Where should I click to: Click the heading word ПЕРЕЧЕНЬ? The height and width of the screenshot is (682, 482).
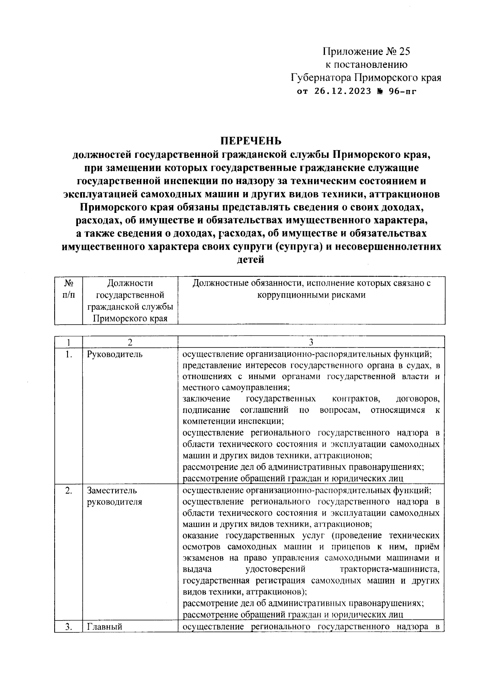coord(250,141)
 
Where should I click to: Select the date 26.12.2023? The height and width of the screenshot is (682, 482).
coord(340,91)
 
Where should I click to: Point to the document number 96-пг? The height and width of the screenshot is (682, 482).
coord(401,91)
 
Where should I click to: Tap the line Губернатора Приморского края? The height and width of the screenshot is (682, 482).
coord(366,78)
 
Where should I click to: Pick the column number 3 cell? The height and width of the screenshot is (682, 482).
coord(311,342)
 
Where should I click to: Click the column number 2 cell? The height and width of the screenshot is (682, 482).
coord(130,342)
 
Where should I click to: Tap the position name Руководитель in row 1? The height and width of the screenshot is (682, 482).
coord(114,355)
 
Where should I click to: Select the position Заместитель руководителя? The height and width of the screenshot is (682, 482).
coord(114,496)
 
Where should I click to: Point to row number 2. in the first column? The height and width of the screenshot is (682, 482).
coord(68,491)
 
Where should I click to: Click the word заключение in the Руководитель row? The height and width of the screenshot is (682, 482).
coord(206,399)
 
